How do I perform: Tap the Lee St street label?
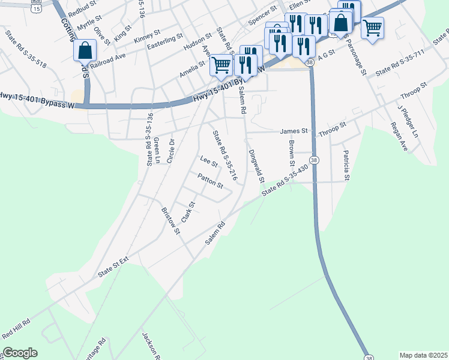pos(209,162)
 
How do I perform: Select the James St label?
pos(294,131)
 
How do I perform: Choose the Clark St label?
pos(188,210)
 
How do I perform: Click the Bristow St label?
pos(170,220)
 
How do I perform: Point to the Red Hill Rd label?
pos(16,329)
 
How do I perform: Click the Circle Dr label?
pos(170,151)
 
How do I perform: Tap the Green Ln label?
pos(157,150)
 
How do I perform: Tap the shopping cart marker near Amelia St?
pos(221,64)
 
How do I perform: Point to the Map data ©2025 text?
pos(423,355)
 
